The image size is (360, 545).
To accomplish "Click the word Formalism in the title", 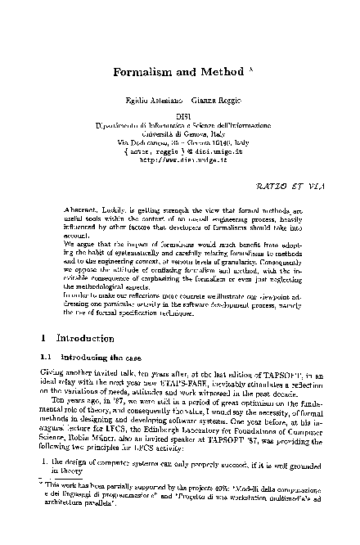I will tap(141, 71).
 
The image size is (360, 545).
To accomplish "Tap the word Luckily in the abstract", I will tap(118, 211).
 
